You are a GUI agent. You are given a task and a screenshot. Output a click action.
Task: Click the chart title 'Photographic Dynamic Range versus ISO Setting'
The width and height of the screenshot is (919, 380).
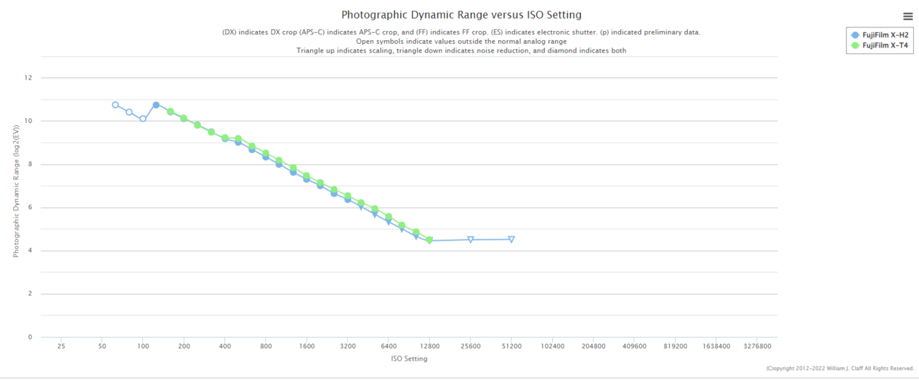(461, 14)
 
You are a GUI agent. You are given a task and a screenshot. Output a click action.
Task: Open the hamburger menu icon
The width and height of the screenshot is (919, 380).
(908, 17)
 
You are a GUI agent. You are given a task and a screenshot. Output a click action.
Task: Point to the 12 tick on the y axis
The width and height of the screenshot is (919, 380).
(29, 78)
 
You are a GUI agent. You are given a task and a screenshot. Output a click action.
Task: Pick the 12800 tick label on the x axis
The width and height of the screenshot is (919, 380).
(429, 346)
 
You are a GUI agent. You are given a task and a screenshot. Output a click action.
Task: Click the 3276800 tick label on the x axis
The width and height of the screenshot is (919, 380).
(757, 346)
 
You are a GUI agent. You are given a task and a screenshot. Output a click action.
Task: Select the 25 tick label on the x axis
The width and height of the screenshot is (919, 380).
(61, 346)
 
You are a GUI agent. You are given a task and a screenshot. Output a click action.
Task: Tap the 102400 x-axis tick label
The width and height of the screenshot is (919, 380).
(552, 346)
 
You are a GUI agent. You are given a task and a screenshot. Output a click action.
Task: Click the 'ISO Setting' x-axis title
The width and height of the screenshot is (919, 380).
(409, 358)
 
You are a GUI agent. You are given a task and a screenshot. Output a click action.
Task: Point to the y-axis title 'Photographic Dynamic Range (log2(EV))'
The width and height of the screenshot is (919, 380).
(17, 190)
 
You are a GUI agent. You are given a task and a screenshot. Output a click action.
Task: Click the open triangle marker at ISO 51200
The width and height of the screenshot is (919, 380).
(511, 239)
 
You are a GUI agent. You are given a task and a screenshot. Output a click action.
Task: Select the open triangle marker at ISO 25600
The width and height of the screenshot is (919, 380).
(470, 239)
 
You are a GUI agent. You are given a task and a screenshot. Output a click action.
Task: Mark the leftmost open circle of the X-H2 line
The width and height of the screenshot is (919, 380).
(116, 105)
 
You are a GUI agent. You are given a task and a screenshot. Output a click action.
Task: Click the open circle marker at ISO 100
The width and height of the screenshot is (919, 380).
(143, 119)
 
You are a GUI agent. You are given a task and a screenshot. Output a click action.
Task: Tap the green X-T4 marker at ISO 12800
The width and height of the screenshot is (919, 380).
(429, 240)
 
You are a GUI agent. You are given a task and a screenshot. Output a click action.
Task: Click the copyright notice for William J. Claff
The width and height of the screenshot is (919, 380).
(839, 369)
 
